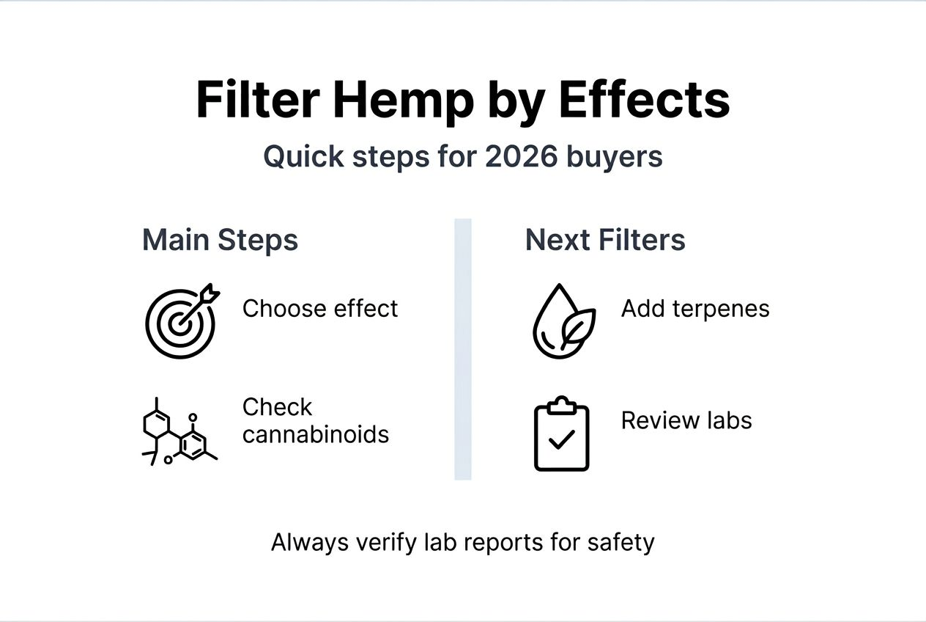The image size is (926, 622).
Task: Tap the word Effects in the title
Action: tap(645, 100)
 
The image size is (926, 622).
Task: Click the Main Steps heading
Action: tap(220, 241)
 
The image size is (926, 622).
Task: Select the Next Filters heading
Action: tap(605, 241)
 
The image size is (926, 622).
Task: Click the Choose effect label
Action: tap(320, 309)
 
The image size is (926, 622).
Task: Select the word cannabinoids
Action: tap(316, 434)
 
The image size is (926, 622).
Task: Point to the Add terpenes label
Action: tap(695, 309)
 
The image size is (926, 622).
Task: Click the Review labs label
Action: tap(686, 420)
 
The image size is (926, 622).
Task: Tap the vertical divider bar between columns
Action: tap(462, 349)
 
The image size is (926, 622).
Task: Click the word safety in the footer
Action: tap(621, 543)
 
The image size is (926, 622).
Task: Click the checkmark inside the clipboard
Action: tap(561, 441)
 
